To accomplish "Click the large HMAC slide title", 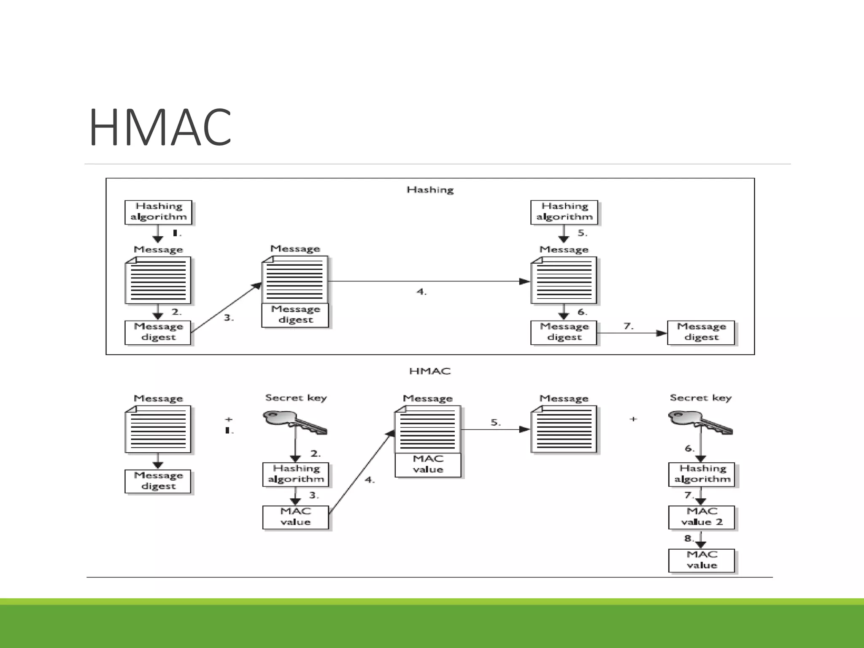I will point(160,128).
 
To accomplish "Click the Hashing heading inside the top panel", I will point(430,190).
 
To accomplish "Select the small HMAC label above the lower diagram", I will point(430,371).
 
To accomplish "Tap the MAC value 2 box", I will point(701,517).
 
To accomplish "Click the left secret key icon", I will point(294,421).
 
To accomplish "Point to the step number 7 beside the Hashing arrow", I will point(628,326).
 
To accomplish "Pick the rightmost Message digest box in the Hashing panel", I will point(701,332).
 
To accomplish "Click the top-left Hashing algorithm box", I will point(158,212).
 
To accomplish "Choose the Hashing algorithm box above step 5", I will point(564,212).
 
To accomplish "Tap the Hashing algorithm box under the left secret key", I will point(295,474).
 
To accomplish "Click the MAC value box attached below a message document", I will point(428,464).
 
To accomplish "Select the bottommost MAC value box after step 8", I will point(701,560).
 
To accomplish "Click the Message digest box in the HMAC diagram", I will point(158,481).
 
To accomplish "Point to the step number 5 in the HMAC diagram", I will point(495,422).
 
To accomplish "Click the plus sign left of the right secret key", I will point(633,419).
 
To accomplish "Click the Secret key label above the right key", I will point(700,397).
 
